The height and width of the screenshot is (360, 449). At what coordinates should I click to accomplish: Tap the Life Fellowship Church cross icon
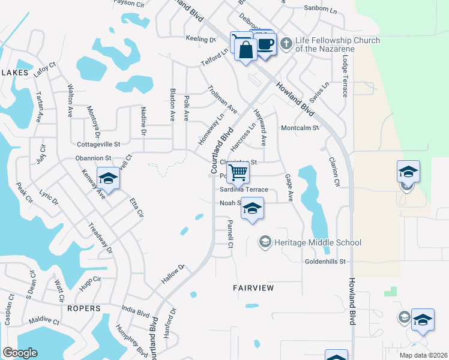tap(286, 43)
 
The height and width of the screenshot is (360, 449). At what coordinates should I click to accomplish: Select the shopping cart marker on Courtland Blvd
tap(238, 173)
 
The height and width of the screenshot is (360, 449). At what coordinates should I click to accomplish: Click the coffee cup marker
tap(264, 44)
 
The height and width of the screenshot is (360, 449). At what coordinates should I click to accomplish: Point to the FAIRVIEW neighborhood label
tap(253, 288)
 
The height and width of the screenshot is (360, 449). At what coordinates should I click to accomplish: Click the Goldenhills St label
tap(326, 262)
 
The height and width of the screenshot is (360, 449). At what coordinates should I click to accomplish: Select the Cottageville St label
tap(99, 144)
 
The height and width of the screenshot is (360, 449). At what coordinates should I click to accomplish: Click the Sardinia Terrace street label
tap(243, 190)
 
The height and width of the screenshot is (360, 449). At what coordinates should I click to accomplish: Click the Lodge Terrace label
tap(345, 77)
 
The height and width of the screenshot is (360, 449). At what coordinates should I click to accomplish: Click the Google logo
tap(20, 353)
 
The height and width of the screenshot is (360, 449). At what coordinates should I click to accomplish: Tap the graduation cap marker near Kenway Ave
tap(108, 179)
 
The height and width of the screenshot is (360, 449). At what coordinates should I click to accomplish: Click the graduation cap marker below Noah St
tap(253, 209)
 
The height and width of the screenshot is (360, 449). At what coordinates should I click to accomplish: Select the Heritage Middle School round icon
tap(264, 242)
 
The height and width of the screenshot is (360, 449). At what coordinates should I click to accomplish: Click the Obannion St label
tap(93, 158)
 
